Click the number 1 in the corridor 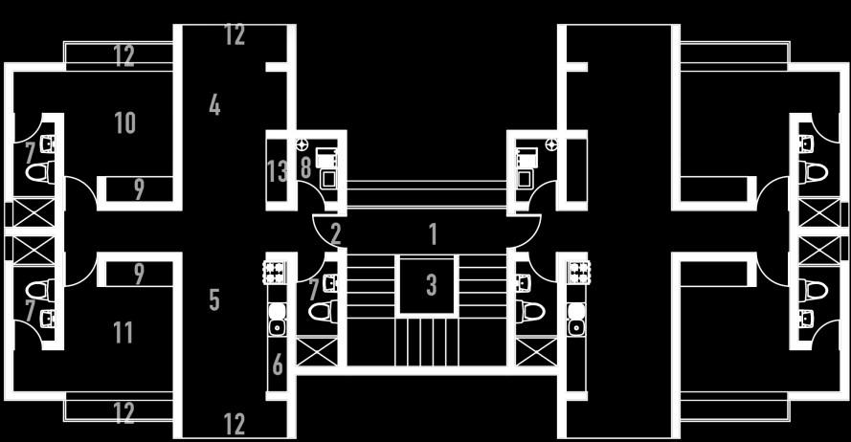pos(433,233)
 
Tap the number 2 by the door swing pos(335,233)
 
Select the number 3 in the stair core pos(432,284)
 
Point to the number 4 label pos(214,106)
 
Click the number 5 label pos(214,299)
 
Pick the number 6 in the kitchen pos(278,365)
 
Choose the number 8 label pos(305,168)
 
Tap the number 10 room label pos(124,122)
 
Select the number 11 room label pos(123,333)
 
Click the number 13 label pos(277,172)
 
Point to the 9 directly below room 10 pos(140,189)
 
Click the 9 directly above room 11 pos(140,275)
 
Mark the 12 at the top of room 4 pos(235,36)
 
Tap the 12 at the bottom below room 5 pos(235,424)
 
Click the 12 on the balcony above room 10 pos(124,55)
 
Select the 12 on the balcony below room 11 pos(124,413)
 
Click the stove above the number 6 pos(277,272)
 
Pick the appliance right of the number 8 pos(327,167)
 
